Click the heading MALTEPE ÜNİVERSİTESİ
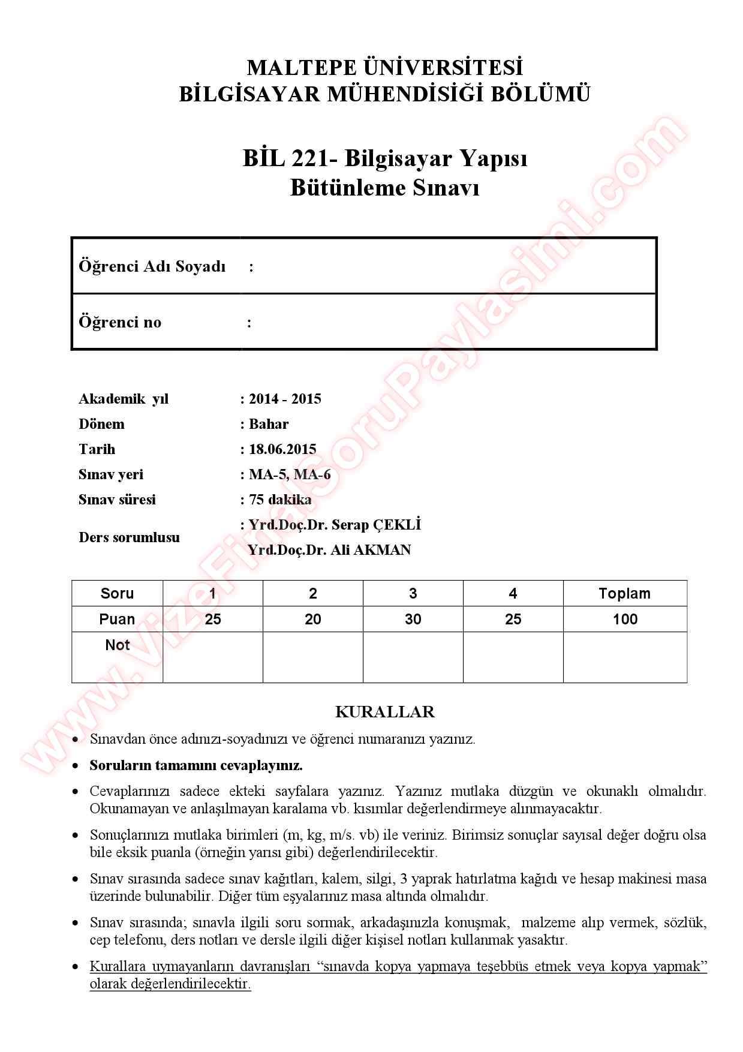[x=384, y=67]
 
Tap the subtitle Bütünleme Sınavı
[x=384, y=188]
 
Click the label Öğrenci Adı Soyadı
[x=152, y=266]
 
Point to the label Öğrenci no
[x=120, y=322]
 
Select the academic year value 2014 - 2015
[x=285, y=399]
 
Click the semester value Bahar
[x=269, y=424]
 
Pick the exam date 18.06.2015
[x=282, y=449]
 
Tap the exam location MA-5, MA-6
[x=290, y=474]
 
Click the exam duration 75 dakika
[x=280, y=500]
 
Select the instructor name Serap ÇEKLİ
[x=376, y=525]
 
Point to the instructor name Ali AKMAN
[x=371, y=550]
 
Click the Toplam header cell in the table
[x=624, y=593]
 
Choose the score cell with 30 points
[x=413, y=619]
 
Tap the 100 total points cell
[x=624, y=619]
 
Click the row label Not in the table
[x=117, y=645]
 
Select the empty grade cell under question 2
[x=312, y=657]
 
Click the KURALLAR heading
[x=384, y=712]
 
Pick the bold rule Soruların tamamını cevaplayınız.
[x=196, y=765]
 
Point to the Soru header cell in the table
[x=117, y=593]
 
